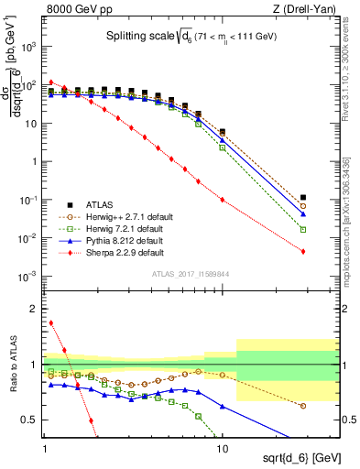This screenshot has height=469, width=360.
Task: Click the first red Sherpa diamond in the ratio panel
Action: click(51, 322)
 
